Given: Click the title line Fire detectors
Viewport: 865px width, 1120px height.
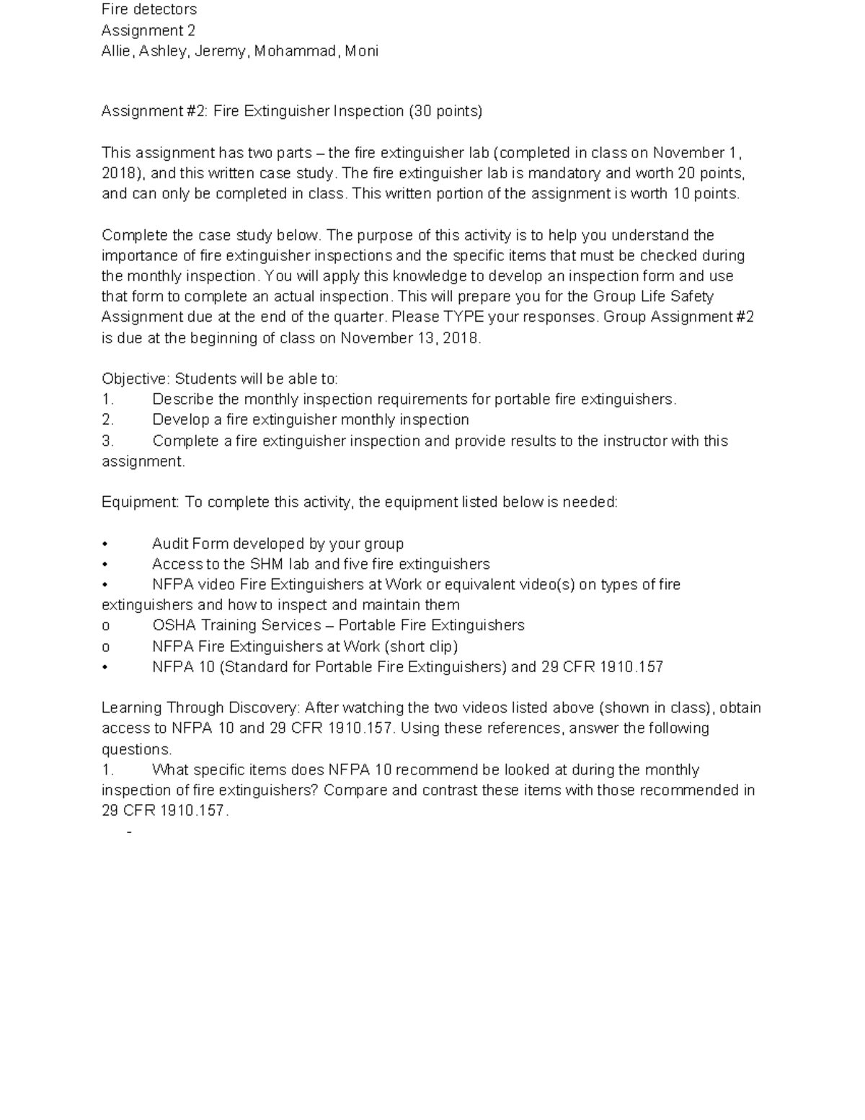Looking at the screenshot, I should pyautogui.click(x=149, y=9).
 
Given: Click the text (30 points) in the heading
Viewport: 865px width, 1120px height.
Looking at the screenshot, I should pyautogui.click(x=445, y=111).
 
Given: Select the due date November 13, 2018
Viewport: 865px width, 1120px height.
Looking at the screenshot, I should pyautogui.click(x=410, y=338).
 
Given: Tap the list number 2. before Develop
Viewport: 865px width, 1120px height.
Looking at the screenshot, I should pyautogui.click(x=107, y=420).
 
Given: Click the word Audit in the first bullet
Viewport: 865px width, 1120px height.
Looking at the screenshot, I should pyautogui.click(x=170, y=544).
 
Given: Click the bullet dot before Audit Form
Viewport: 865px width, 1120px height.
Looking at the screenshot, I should pyautogui.click(x=105, y=544).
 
